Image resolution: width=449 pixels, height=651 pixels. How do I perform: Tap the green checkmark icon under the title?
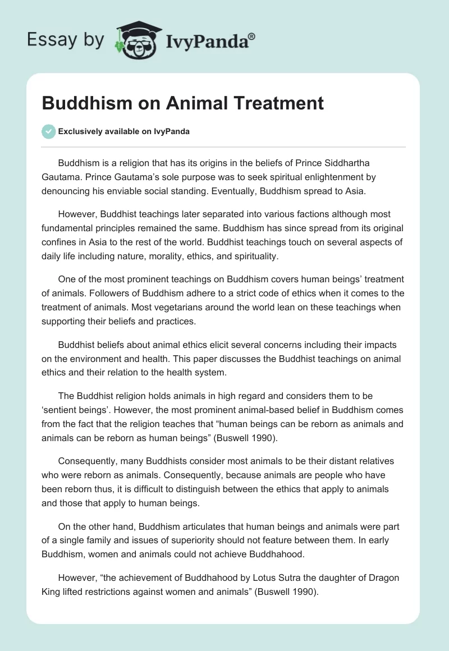(49, 131)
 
